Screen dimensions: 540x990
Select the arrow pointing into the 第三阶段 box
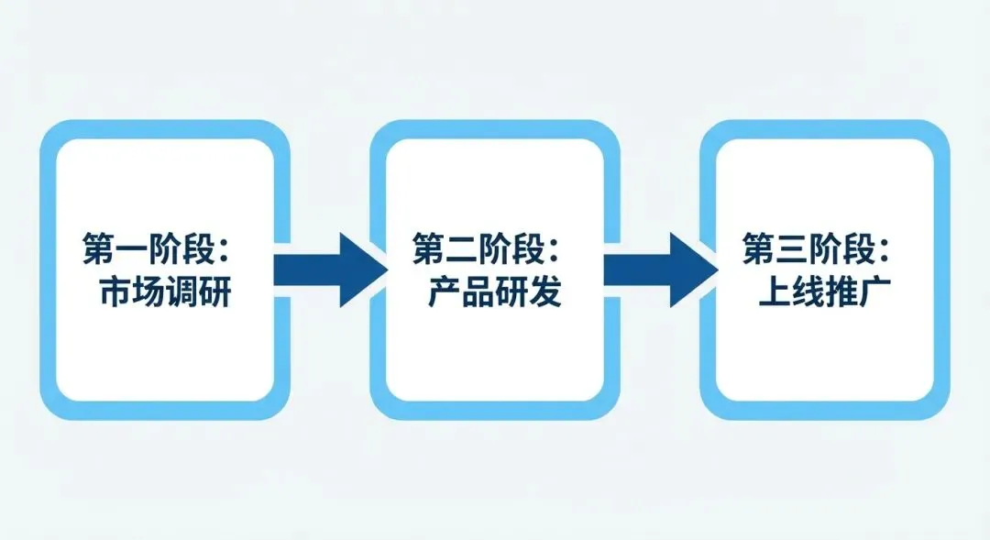point(659,270)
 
